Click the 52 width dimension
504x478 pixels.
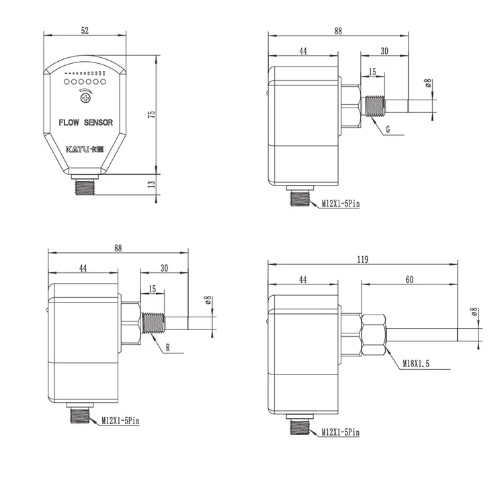[85, 30]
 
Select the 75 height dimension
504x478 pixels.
[152, 115]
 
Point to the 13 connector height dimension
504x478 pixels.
[152, 184]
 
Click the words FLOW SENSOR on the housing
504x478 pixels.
[85, 122]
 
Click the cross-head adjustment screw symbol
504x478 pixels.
[85, 99]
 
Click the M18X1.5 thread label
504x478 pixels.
[417, 364]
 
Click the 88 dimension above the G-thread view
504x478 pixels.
[337, 30]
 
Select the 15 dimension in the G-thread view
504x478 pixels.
[372, 72]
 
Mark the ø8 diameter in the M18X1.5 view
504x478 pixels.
[474, 311]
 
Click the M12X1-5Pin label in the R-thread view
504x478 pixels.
[120, 422]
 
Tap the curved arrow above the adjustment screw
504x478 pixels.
[85, 89]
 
